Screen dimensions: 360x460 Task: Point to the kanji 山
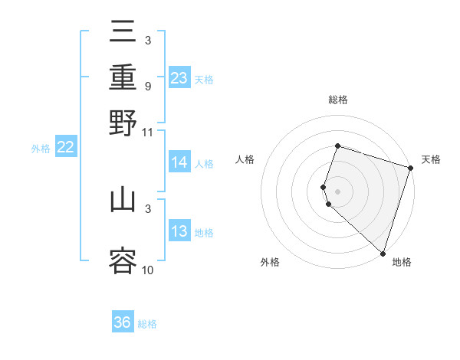[123, 200]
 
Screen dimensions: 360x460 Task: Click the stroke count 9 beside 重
[147, 86]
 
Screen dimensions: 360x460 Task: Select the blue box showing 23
[179, 78]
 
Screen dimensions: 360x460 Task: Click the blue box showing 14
[179, 162]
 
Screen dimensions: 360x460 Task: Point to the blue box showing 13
[179, 232]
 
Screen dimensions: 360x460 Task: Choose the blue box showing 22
[65, 148]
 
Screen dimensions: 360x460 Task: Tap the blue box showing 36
[123, 322]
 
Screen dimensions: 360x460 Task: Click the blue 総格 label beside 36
[147, 324]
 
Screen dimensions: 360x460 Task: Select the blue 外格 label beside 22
[41, 149]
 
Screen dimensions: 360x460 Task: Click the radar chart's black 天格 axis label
[431, 159]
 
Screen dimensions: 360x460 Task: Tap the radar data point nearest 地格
[383, 253]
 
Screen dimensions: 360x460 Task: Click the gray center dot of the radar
[337, 191]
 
